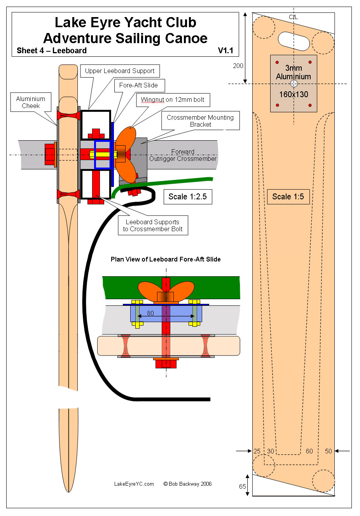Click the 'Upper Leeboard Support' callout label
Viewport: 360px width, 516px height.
(x=120, y=71)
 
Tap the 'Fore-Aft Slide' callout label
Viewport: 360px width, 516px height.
(x=138, y=85)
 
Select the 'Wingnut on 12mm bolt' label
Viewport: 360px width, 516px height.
(x=173, y=100)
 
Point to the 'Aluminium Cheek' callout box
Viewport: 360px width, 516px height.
(x=31, y=102)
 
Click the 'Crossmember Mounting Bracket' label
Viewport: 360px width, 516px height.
(x=200, y=121)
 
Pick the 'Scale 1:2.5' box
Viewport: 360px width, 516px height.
(x=188, y=197)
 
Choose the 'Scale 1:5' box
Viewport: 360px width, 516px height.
(x=288, y=197)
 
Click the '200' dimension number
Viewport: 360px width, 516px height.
(x=238, y=66)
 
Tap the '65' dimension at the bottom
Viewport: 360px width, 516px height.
(x=243, y=486)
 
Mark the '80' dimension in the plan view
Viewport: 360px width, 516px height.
(x=150, y=313)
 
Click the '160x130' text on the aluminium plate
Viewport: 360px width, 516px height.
(x=294, y=94)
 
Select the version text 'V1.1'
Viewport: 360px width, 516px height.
(x=225, y=51)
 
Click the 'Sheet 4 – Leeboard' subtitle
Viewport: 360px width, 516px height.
(x=52, y=51)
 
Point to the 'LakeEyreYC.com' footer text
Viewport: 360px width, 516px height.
(x=134, y=484)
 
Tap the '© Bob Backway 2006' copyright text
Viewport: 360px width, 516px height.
(x=188, y=484)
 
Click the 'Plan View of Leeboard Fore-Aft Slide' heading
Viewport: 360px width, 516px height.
(x=166, y=260)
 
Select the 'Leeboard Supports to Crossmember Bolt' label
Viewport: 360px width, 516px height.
(x=153, y=226)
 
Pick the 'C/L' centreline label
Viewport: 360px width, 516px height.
(x=294, y=17)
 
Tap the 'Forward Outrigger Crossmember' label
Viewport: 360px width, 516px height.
(x=183, y=155)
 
